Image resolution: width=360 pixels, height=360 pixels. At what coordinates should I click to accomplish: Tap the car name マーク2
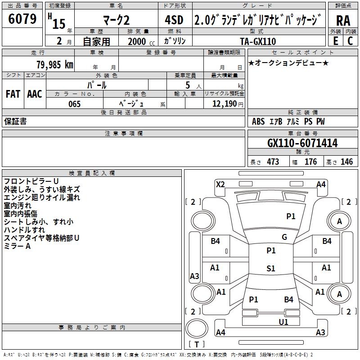pyautogui.click(x=116, y=20)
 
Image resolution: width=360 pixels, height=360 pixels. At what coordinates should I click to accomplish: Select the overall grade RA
pyautogui.click(x=343, y=20)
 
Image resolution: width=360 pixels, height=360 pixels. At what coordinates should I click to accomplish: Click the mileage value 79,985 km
pyautogui.click(x=55, y=64)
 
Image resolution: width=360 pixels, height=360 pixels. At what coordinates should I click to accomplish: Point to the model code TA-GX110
pyautogui.click(x=258, y=41)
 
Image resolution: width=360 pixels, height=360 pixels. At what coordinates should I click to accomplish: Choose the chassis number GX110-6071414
pyautogui.click(x=302, y=144)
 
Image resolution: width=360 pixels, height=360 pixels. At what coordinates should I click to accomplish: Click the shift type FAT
pyautogui.click(x=13, y=94)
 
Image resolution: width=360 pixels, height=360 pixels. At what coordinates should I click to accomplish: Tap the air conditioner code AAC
pyautogui.click(x=35, y=94)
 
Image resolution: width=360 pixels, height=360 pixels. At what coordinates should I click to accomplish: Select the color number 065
pyautogui.click(x=74, y=104)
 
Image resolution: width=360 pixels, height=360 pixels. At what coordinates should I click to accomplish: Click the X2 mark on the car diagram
pyautogui.click(x=220, y=184)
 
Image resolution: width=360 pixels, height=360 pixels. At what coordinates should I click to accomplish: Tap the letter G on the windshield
pyautogui.click(x=284, y=237)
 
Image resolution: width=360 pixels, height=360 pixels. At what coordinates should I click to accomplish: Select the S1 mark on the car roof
pyautogui.click(x=270, y=269)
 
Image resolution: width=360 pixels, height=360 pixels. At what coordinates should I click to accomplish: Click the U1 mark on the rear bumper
pyautogui.click(x=283, y=322)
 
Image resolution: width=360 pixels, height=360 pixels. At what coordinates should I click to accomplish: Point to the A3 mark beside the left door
pyautogui.click(x=194, y=276)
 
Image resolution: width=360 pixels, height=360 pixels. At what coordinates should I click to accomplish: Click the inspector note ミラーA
pyautogui.click(x=17, y=246)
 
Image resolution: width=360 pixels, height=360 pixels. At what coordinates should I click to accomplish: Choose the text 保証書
pyautogui.click(x=15, y=121)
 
